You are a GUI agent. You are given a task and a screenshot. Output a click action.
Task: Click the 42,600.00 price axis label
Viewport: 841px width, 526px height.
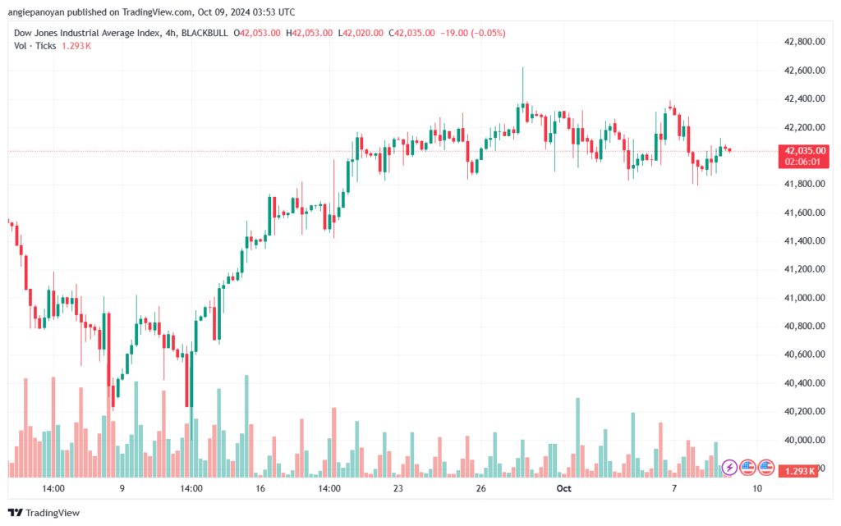[804, 71]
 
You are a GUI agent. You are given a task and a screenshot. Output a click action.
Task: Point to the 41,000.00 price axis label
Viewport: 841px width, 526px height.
[804, 298]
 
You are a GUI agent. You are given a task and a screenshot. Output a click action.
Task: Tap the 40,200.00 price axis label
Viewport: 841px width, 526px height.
[804, 411]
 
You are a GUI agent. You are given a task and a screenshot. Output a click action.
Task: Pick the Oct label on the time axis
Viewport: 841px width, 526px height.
[563, 488]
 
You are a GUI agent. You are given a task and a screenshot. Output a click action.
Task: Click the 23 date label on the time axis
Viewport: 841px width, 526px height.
[398, 488]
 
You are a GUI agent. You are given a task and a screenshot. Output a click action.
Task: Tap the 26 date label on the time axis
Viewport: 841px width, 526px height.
[480, 488]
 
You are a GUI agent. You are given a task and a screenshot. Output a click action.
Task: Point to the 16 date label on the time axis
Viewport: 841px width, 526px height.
[260, 488]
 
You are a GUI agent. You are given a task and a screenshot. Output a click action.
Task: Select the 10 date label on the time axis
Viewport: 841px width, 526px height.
[756, 488]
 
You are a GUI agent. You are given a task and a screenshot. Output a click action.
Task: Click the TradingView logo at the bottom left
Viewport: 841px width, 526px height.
[44, 513]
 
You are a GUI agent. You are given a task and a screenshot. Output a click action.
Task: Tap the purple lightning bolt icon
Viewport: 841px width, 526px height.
[729, 467]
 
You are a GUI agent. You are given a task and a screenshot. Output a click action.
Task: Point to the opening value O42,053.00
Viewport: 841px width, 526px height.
[257, 33]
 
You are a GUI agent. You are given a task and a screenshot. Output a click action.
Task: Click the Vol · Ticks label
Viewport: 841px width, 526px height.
[34, 46]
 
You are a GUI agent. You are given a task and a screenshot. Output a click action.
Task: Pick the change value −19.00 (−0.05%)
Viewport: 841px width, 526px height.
[473, 33]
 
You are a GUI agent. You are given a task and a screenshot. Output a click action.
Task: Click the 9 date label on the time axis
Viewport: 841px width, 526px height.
[122, 488]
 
